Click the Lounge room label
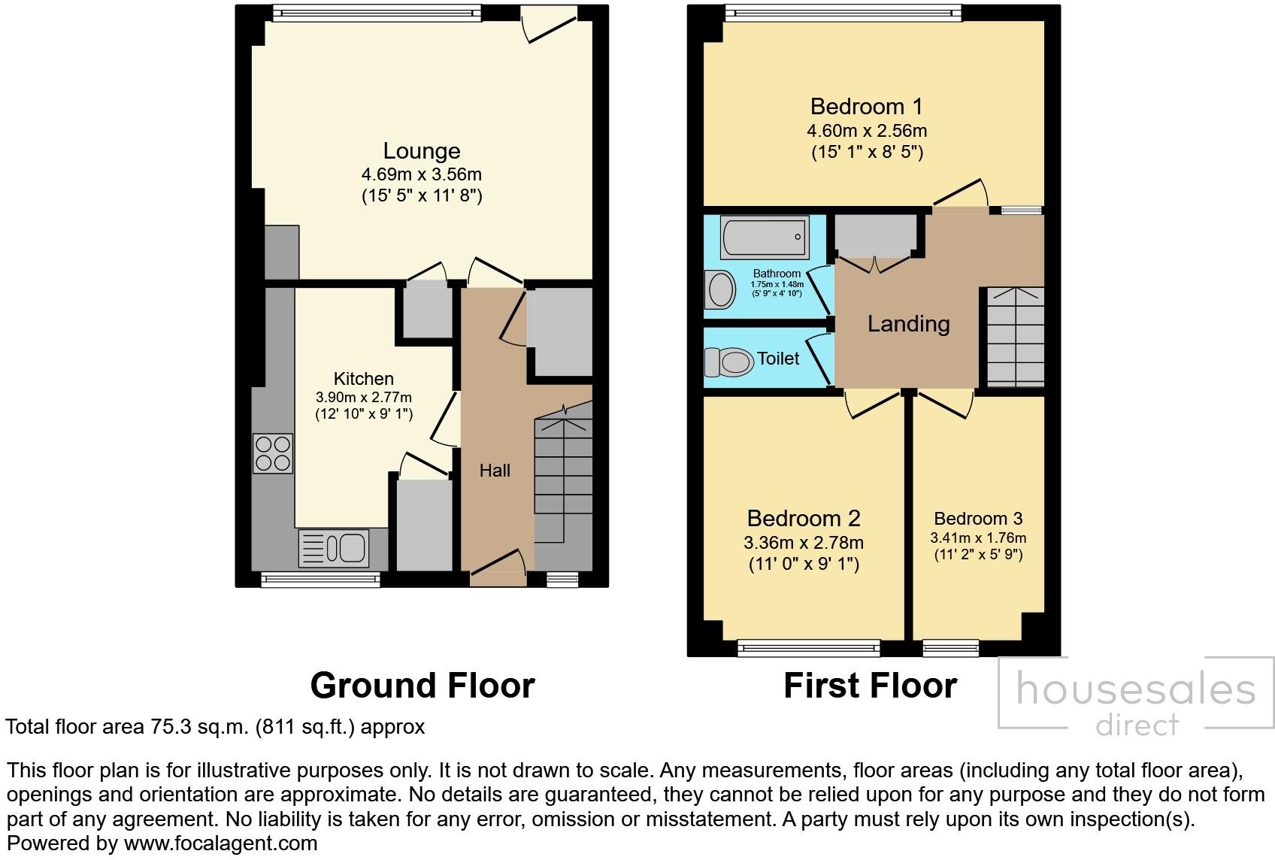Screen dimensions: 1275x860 421,151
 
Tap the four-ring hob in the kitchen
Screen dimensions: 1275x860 273,453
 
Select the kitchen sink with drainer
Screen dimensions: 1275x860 334,548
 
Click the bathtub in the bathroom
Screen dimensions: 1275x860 765,236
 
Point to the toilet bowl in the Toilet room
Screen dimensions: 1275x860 728,362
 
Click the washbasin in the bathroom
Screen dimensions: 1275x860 720,289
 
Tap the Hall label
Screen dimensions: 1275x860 495,471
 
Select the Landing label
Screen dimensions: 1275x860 908,324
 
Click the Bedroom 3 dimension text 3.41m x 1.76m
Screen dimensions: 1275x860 978,537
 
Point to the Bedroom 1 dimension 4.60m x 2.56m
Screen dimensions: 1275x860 866,131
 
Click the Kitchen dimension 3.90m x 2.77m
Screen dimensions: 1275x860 364,397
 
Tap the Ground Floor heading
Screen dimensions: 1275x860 422,686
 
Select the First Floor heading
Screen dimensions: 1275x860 871,686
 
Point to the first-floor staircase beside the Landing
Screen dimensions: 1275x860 1016,337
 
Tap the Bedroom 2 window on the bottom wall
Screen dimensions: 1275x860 808,648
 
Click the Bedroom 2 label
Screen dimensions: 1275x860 803,519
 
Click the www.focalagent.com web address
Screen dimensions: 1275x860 220,843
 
